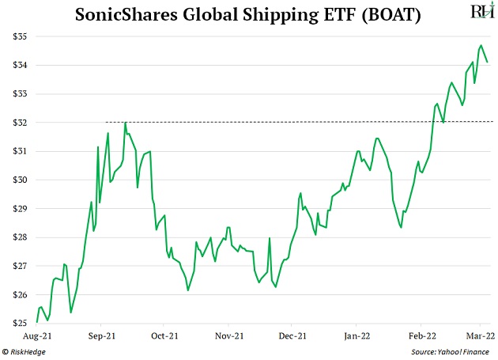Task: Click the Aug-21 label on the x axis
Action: click(36, 335)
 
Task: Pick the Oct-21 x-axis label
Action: click(164, 335)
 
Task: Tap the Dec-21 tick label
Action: click(292, 335)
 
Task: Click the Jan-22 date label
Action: click(357, 335)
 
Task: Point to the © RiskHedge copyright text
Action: click(25, 351)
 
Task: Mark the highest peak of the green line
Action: click(481, 45)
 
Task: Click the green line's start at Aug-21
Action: click(36, 321)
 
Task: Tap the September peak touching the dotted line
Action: click(125, 122)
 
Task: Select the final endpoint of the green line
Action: click(487, 62)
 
